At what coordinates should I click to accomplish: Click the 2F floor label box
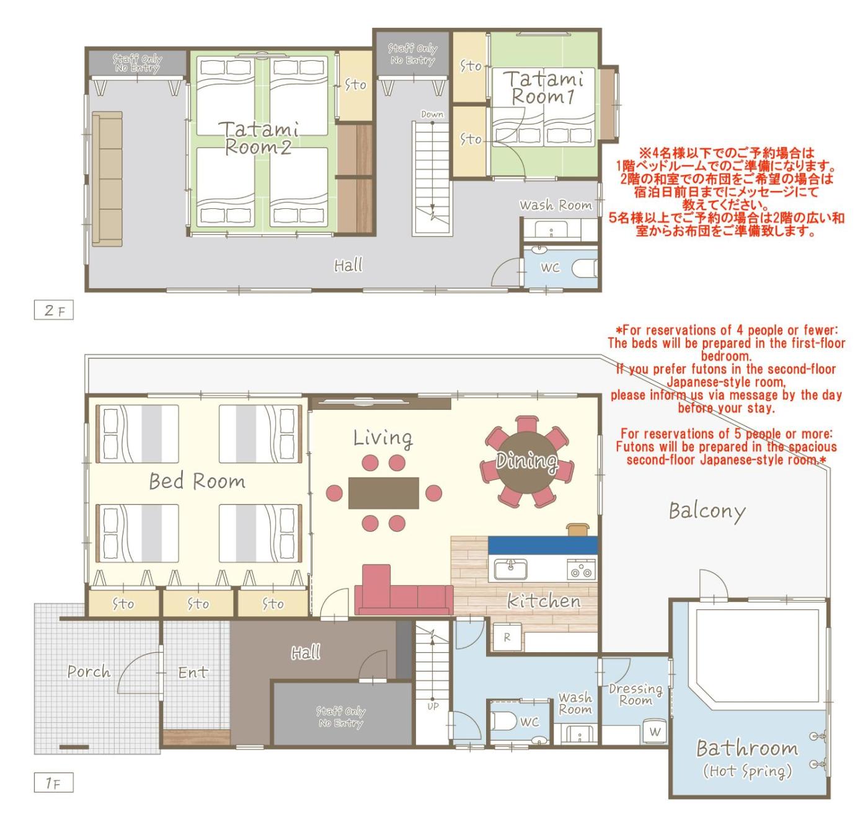53,310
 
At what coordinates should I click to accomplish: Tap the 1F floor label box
53,782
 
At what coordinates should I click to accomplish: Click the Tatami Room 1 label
544,87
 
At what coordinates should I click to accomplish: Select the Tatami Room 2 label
259,138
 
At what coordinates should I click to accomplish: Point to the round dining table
527,460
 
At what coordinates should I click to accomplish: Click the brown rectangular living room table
383,493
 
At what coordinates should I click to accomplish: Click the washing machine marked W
655,732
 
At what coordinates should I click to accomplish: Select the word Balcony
707,511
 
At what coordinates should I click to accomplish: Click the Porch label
89,672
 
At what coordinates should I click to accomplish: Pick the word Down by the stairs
432,114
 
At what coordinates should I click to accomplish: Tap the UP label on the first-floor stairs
433,707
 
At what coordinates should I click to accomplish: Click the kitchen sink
510,569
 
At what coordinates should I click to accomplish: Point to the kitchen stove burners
581,569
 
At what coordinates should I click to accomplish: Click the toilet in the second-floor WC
583,268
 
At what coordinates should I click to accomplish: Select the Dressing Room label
635,694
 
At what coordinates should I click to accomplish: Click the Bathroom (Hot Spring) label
747,759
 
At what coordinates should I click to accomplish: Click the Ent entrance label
193,673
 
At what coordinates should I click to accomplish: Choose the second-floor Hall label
348,265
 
